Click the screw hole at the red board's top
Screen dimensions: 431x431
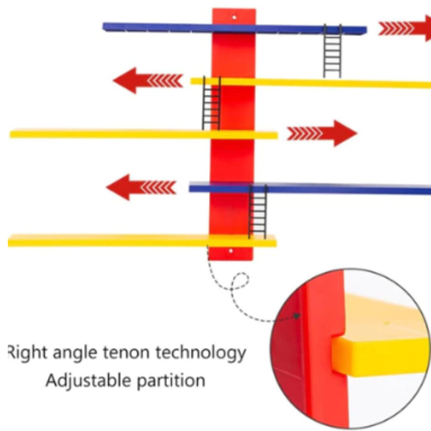point(234,17)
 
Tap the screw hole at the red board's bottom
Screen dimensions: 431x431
point(231,252)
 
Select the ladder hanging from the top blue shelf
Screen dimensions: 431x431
point(332,51)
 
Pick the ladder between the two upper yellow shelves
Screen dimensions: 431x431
point(211,103)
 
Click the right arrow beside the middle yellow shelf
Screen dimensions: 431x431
point(322,133)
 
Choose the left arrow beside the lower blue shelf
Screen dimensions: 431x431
point(141,187)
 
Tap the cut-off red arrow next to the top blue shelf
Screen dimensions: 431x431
point(404,29)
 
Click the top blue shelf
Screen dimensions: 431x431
point(162,27)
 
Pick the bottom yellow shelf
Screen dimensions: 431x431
point(108,240)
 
